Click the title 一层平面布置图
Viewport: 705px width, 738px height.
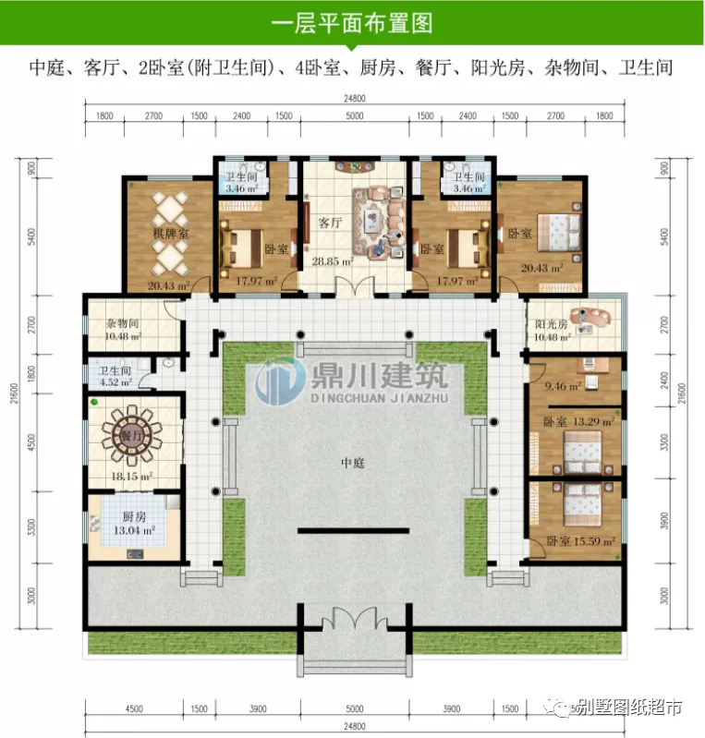[x=352, y=22]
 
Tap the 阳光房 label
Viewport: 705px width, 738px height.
[x=552, y=324]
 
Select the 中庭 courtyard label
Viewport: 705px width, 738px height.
[x=352, y=463]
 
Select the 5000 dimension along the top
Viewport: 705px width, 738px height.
[x=352, y=117]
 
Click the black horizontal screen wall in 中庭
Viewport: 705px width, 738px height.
[x=352, y=530]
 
